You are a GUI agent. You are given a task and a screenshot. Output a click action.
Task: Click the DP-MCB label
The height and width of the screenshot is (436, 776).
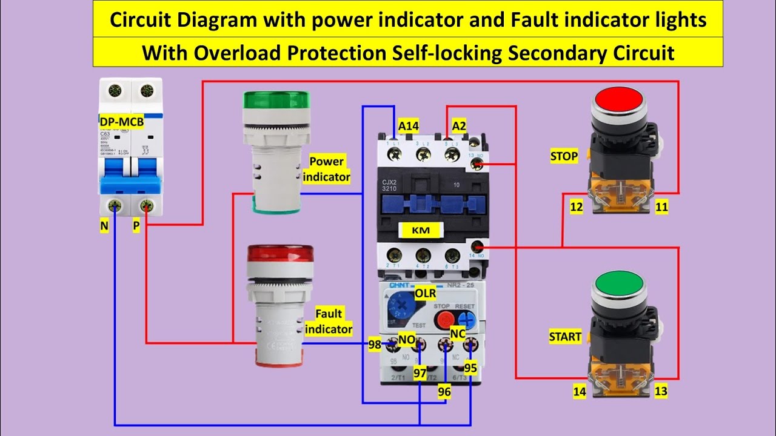coord(122,122)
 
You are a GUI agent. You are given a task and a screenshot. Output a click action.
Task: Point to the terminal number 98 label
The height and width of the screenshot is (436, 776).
coord(375,345)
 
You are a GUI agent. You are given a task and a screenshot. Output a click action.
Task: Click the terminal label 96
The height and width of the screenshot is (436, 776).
coord(444,392)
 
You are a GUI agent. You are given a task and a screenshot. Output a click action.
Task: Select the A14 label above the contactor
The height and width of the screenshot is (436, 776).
coord(409,126)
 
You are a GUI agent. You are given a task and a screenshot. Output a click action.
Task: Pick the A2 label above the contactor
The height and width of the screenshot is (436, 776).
coord(459,126)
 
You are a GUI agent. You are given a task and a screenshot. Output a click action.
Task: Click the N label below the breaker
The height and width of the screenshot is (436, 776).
coord(105,226)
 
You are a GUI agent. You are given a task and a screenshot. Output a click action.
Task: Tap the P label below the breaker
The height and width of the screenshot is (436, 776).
coord(136,226)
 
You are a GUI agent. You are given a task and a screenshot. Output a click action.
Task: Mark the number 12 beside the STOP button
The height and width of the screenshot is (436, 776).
coord(576,207)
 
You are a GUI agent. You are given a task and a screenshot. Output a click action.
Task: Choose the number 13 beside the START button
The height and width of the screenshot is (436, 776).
coord(661,391)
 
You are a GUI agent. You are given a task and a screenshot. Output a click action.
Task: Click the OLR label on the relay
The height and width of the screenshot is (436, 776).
coord(425,293)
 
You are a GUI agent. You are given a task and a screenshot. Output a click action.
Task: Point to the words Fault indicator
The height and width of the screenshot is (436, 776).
coord(329,322)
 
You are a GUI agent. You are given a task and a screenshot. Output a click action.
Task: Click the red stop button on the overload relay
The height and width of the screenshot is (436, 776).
coord(443,320)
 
